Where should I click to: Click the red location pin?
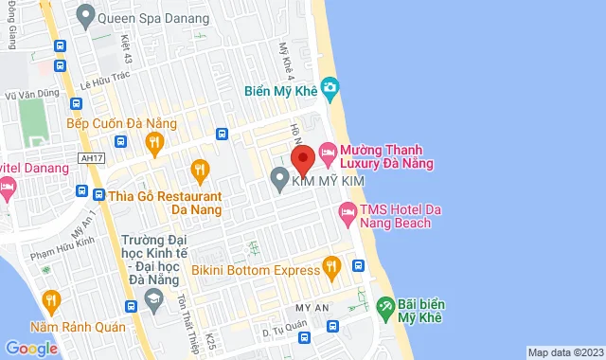click(302, 156)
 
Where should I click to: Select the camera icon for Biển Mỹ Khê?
click(330, 89)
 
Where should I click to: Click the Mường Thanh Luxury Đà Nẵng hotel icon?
click(327, 152)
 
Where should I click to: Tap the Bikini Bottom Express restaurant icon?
click(330, 268)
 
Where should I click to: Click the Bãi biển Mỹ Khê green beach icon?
click(384, 307)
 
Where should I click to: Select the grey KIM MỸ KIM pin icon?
click(279, 177)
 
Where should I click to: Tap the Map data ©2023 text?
click(564, 352)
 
